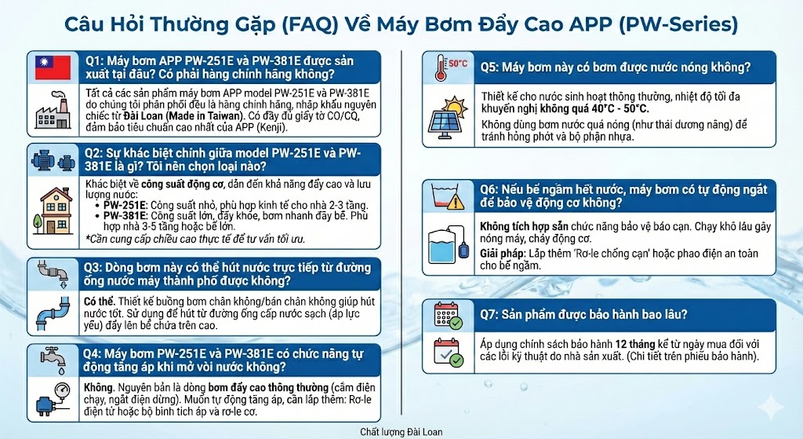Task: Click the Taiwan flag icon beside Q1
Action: pyautogui.click(x=53, y=68)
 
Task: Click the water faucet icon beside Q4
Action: pyautogui.click(x=53, y=359)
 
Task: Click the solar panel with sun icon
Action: pyautogui.click(x=447, y=116)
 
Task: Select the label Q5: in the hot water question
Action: pyautogui.click(x=491, y=67)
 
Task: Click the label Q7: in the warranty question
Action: pyautogui.click(x=491, y=315)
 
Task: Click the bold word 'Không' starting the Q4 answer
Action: pyautogui.click(x=97, y=387)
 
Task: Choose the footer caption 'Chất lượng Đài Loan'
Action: pyautogui.click(x=401, y=432)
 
